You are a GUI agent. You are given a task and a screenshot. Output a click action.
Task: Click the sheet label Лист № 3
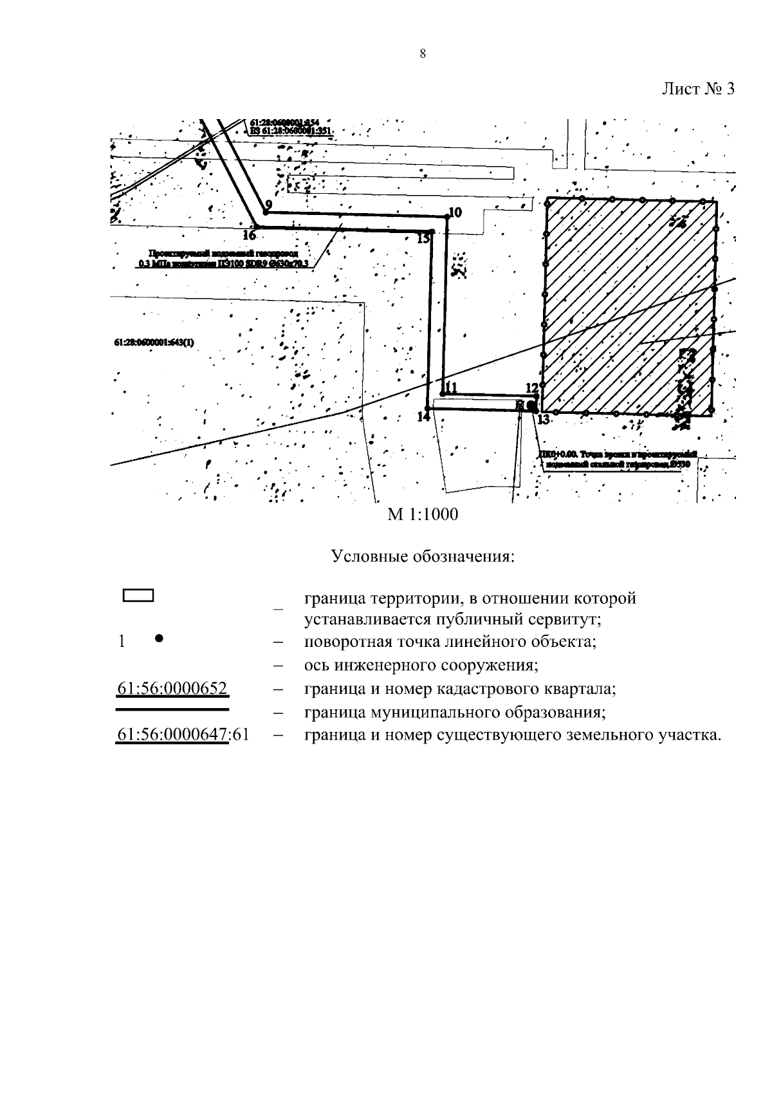click(699, 89)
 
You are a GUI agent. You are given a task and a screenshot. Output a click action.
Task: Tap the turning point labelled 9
click(265, 212)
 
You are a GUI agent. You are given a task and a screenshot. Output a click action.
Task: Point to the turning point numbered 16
click(257, 227)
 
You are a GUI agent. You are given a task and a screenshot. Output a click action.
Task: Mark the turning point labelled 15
click(432, 232)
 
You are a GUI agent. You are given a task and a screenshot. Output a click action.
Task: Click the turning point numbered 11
click(443, 394)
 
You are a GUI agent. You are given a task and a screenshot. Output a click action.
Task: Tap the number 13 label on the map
click(544, 420)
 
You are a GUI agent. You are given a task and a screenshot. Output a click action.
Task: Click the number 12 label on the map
click(531, 388)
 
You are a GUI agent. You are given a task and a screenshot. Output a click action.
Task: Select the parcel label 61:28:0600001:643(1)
click(154, 343)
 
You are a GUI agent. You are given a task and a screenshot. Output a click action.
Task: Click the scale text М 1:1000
click(422, 515)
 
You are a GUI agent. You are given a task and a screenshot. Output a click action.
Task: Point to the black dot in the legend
click(159, 639)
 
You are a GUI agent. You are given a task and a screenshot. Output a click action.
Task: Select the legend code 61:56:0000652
click(172, 689)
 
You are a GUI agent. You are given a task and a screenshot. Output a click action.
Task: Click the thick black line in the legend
click(172, 709)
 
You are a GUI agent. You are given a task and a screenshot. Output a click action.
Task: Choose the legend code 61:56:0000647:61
click(183, 735)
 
